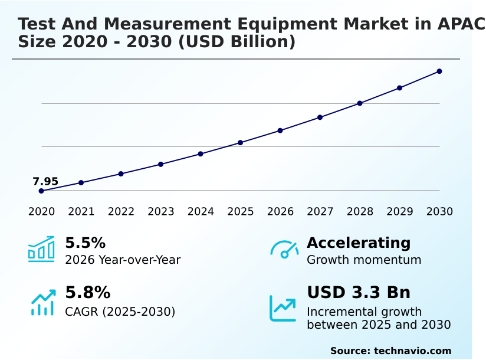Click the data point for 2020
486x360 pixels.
(41, 191)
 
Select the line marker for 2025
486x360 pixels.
(241, 143)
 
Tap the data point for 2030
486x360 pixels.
(439, 71)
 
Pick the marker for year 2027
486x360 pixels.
(320, 117)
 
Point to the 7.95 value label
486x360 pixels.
(45, 181)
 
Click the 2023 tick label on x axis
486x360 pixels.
(161, 212)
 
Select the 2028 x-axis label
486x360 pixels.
(360, 212)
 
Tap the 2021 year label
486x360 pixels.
(81, 212)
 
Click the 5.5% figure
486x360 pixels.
(85, 243)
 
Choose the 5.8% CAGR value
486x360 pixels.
(87, 293)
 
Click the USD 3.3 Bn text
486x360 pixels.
(359, 293)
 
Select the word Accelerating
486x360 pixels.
(359, 243)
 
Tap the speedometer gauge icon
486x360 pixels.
(284, 250)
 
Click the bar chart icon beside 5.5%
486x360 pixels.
(41, 249)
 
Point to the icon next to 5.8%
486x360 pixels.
(43, 302)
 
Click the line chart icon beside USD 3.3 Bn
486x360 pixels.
(283, 308)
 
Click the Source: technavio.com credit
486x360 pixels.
(390, 351)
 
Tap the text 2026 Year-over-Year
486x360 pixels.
(123, 260)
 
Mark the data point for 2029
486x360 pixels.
(399, 88)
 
